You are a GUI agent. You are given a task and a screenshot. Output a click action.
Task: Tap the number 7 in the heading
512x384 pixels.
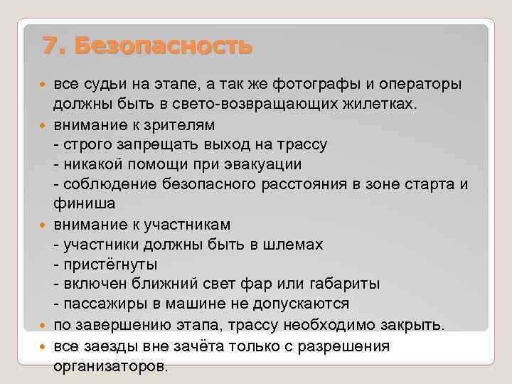[x=50, y=46]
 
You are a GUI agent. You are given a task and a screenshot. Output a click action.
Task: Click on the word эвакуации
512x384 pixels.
[x=254, y=164]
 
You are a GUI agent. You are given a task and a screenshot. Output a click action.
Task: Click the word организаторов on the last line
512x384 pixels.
[x=111, y=366]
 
